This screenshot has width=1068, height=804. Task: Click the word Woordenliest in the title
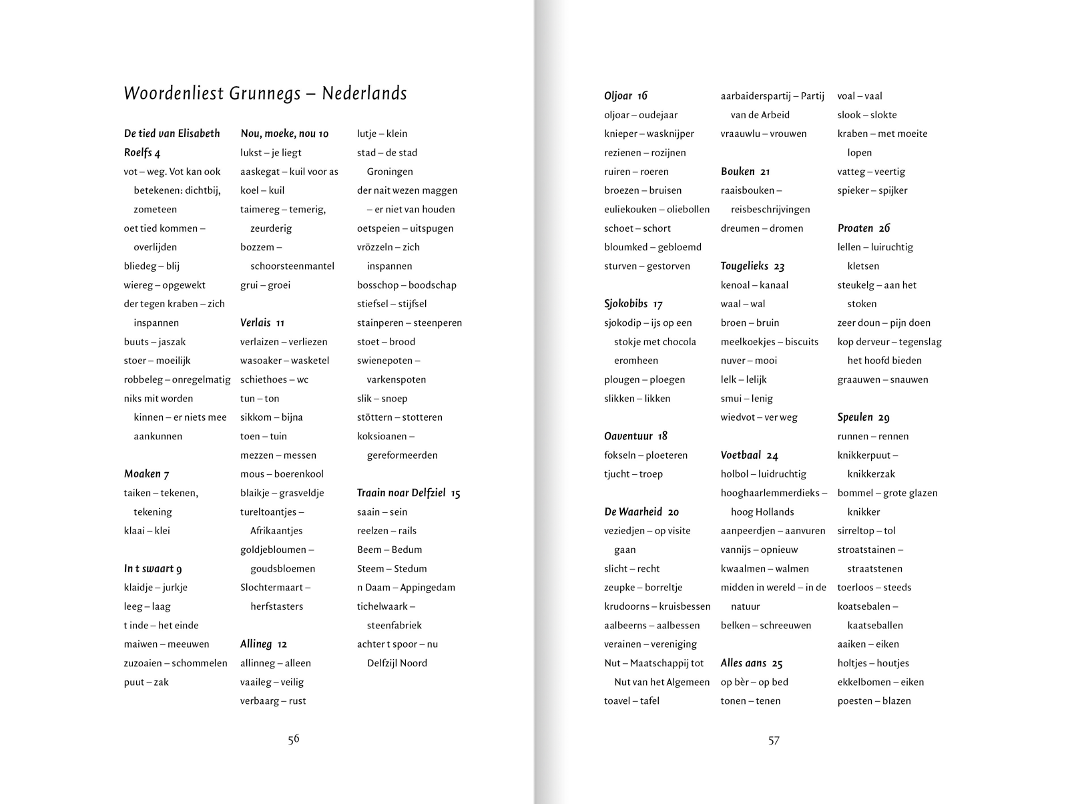174,93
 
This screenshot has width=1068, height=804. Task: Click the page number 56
294,739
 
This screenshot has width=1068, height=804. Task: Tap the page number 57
774,741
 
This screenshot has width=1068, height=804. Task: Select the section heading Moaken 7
146,474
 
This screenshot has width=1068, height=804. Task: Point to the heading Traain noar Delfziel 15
409,493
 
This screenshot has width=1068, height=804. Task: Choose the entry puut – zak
146,682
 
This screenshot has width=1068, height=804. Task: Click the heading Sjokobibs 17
633,304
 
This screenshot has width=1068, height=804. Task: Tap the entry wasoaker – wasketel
284,361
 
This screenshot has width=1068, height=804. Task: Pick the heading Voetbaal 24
749,455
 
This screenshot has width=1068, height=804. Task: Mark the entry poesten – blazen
874,701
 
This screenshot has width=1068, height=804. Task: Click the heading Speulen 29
863,417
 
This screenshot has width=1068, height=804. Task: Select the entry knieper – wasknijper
649,134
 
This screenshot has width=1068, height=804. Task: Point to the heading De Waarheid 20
641,512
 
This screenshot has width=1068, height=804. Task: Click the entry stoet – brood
386,342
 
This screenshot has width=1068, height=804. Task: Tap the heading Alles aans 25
751,664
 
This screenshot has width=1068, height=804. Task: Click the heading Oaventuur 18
635,437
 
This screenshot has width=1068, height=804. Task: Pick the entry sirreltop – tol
866,531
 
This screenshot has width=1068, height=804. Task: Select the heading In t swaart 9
152,569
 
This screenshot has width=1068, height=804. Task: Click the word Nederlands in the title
364,93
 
